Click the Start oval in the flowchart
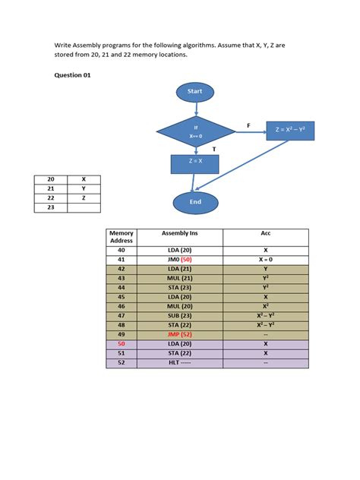click(x=195, y=92)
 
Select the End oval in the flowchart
click(x=195, y=202)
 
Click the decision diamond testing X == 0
click(x=195, y=131)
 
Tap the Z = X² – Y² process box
click(x=289, y=131)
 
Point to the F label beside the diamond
click(x=248, y=125)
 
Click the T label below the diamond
click(x=214, y=150)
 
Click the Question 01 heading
click(x=73, y=75)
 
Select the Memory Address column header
click(x=122, y=236)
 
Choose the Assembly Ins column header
click(x=179, y=233)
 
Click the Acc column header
click(x=265, y=233)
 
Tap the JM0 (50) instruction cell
click(x=179, y=259)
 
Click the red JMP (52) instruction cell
click(x=179, y=333)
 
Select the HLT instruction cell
click(x=179, y=362)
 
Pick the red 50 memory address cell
click(x=122, y=343)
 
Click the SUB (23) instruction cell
click(x=179, y=315)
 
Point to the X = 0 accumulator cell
click(x=265, y=259)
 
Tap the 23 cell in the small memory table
click(x=51, y=207)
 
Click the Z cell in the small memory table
click(x=84, y=197)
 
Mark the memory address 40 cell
click(x=122, y=249)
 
